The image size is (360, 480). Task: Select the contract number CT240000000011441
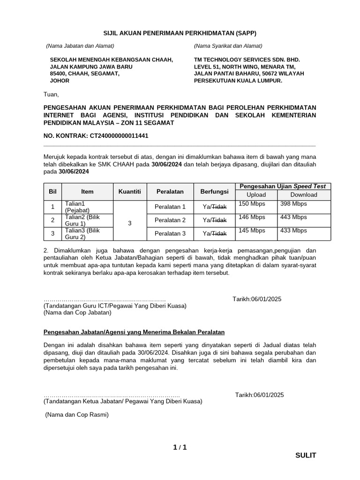tap(120, 136)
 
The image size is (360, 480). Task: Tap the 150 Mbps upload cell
tap(248, 204)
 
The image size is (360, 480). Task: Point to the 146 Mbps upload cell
tap(248, 217)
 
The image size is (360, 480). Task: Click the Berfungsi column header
tap(214, 191)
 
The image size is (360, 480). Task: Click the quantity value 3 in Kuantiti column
tap(129, 224)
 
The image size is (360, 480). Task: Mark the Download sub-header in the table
tap(303, 195)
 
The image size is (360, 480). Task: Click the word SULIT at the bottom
tap(306, 455)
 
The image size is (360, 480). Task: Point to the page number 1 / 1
tap(180, 447)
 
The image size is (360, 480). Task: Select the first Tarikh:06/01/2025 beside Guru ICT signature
tap(257, 299)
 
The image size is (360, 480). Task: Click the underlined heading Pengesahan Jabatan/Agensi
tap(134, 332)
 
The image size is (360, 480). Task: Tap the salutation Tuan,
tap(51, 94)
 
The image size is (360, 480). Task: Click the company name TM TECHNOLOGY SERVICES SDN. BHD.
tap(247, 60)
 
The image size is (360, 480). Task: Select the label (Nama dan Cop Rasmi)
tap(76, 414)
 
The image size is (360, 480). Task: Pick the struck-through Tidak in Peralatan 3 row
tap(219, 233)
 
